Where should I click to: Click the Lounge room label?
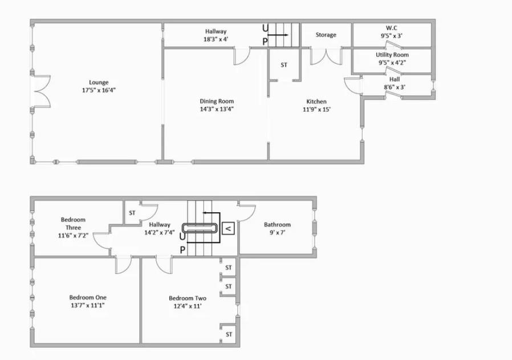click(99, 82)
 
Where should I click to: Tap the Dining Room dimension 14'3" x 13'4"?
click(217, 109)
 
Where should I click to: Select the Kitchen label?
click(316, 102)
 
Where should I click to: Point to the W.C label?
click(391, 28)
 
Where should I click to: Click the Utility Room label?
click(392, 55)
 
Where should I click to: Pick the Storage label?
click(326, 35)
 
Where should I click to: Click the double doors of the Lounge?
click(42, 91)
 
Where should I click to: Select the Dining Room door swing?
click(242, 56)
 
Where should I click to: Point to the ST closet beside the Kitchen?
click(284, 65)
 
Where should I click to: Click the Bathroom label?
click(277, 224)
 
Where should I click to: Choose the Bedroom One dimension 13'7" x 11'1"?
click(88, 305)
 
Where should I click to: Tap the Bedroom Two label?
click(188, 298)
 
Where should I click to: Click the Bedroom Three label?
click(73, 224)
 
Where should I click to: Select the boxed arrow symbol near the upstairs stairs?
click(228, 228)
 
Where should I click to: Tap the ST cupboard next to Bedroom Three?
click(132, 213)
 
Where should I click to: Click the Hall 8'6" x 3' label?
click(395, 83)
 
